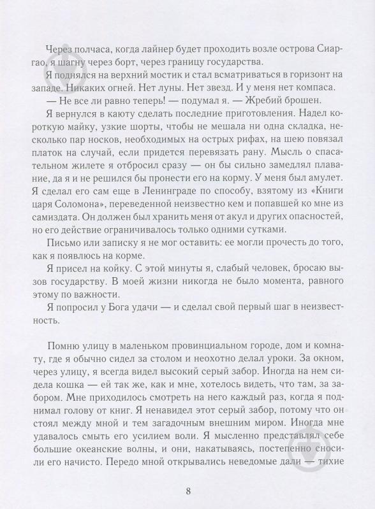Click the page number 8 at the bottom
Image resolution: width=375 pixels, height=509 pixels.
pyautogui.click(x=187, y=491)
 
